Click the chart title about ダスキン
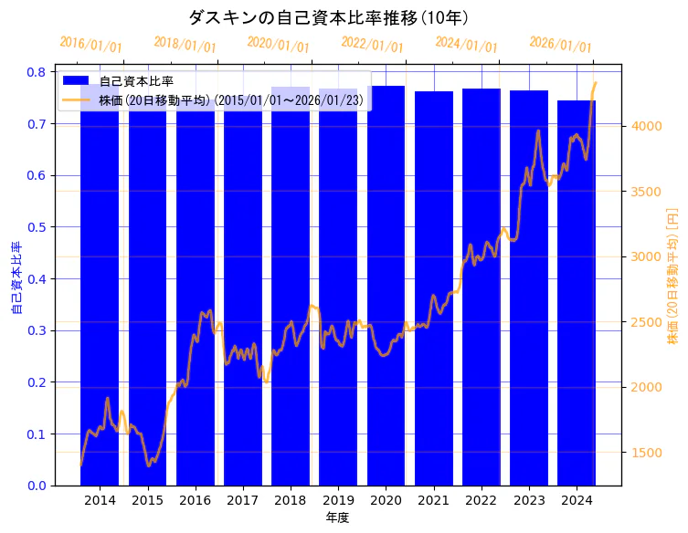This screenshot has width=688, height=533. pyautogui.click(x=328, y=17)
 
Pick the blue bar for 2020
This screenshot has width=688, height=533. pyautogui.click(x=386, y=292)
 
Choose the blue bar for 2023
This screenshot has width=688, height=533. pyautogui.click(x=529, y=292)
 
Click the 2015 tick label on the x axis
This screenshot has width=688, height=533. pyautogui.click(x=147, y=500)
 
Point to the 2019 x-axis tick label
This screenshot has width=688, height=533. pyautogui.click(x=338, y=500)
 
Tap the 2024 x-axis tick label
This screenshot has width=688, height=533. pyautogui.click(x=577, y=500)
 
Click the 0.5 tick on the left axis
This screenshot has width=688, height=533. pyautogui.click(x=37, y=227)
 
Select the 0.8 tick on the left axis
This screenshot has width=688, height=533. pyautogui.click(x=37, y=72)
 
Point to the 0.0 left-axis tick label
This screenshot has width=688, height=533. pyautogui.click(x=37, y=486)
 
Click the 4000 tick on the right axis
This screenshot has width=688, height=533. pyautogui.click(x=648, y=126)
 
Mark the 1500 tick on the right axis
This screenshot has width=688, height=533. pyautogui.click(x=648, y=453)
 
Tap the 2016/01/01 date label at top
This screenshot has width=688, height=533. pyautogui.click(x=90, y=45)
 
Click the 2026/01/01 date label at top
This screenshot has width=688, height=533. pyautogui.click(x=560, y=45)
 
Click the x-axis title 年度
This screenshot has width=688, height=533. pyautogui.click(x=337, y=517)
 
